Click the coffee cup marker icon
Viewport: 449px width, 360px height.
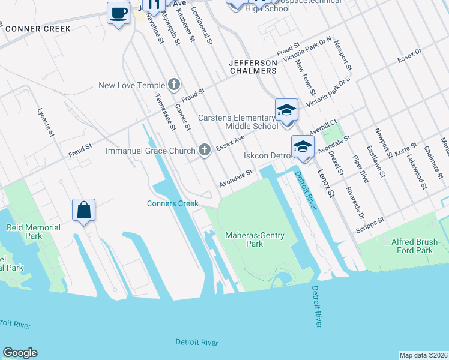point(119,13)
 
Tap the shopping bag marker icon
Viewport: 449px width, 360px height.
point(83,211)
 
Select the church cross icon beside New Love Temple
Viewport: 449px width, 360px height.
point(174,84)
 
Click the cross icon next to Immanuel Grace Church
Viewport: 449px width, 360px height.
point(205,149)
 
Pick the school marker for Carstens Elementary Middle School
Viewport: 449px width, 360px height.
point(286,110)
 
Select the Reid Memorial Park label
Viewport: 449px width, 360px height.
point(34,232)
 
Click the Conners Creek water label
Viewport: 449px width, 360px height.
point(173,203)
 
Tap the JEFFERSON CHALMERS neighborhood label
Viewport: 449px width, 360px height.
point(252,67)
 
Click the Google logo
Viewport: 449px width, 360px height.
point(20,353)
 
